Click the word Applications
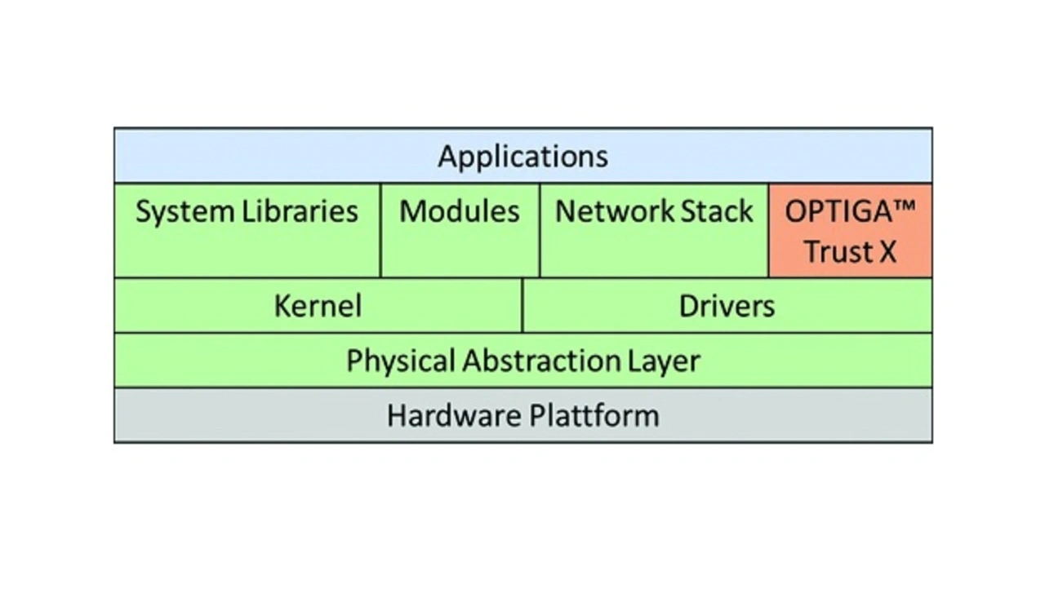tap(523, 157)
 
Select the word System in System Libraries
tap(185, 212)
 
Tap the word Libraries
tap(300, 210)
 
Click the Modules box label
tap(460, 210)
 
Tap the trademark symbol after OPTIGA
tap(905, 205)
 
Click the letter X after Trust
tap(887, 251)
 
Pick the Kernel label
tap(318, 306)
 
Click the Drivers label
tap(727, 306)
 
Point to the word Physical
tap(401, 361)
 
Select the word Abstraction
tap(541, 361)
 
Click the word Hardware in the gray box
tap(454, 416)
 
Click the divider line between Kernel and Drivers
tap(522, 305)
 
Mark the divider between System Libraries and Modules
tap(380, 231)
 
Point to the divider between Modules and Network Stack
tap(540, 231)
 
